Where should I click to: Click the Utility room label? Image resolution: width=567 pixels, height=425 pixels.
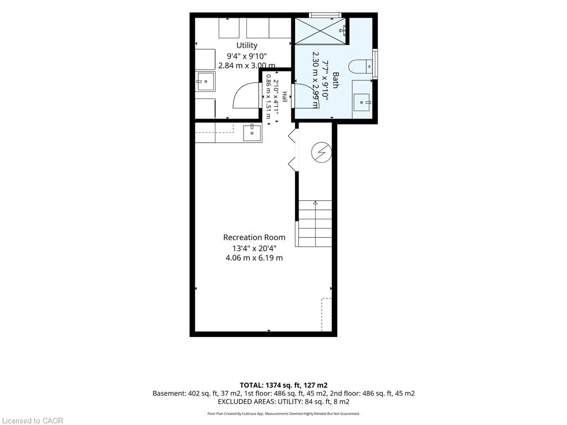[x=247, y=45]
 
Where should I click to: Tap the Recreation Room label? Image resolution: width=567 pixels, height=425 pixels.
[x=254, y=237]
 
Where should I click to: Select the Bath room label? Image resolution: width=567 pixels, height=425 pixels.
[x=336, y=80]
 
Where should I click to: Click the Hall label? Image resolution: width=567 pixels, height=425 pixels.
[x=285, y=96]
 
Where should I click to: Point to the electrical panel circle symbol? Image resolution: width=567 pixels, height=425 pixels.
[x=322, y=152]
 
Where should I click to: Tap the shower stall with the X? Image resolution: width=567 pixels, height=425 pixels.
[x=320, y=30]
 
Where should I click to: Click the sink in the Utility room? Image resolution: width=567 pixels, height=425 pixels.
[x=205, y=81]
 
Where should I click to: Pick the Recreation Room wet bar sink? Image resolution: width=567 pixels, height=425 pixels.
[x=252, y=132]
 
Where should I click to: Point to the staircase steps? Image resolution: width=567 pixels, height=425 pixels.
[x=315, y=224]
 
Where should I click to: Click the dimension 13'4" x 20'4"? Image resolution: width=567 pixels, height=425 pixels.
[x=255, y=248]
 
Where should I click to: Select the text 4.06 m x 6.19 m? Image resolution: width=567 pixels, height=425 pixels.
[x=254, y=258]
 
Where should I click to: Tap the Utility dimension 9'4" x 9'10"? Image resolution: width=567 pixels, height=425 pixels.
[x=247, y=56]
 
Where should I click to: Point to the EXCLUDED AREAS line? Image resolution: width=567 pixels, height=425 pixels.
[x=283, y=402]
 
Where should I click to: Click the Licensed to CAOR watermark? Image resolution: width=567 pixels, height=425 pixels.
[x=33, y=421]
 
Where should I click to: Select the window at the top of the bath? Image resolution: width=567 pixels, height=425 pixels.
[x=326, y=15]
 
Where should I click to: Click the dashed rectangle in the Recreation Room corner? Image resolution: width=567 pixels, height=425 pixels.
[x=327, y=314]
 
